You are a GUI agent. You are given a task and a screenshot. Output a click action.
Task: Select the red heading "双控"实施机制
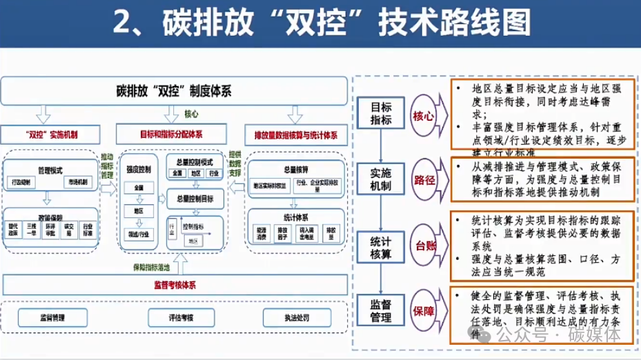pos(51,133)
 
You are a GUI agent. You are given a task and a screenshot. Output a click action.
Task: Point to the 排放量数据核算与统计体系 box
pos(295,133)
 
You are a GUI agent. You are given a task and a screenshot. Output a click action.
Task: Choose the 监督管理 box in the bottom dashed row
pos(51,318)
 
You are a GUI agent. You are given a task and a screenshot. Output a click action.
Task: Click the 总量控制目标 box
pos(195,199)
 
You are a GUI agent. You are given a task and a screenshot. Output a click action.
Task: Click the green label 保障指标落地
pos(152,266)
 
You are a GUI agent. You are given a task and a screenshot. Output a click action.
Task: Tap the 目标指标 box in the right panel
pos(382,114)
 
